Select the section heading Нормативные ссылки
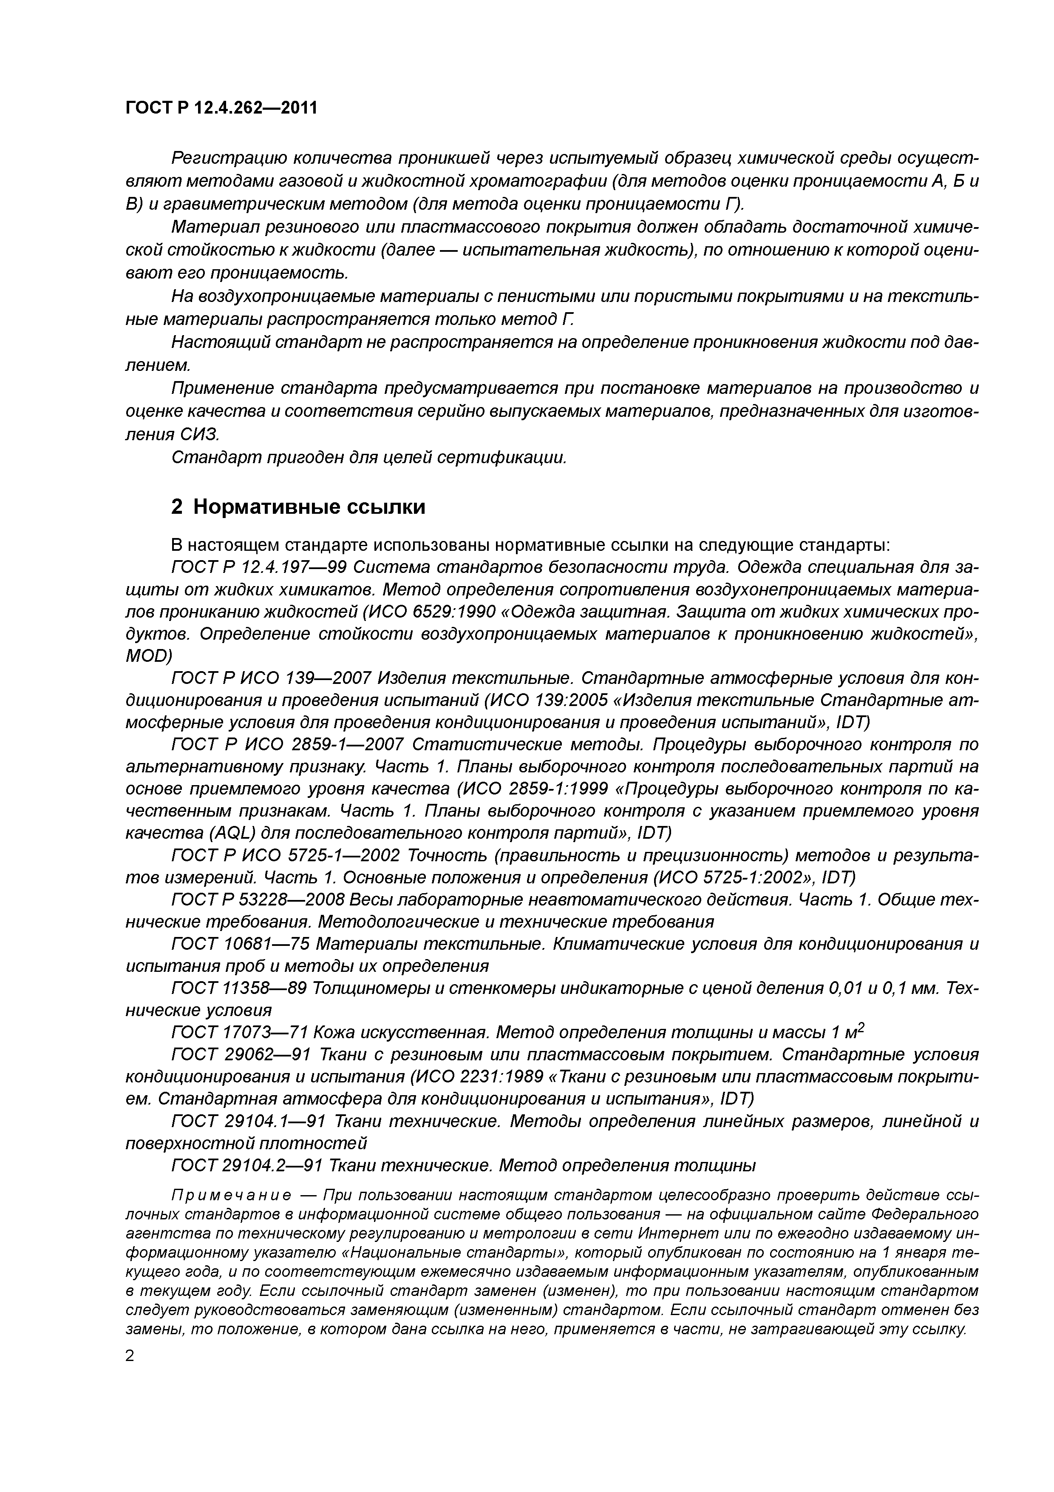coord(309,507)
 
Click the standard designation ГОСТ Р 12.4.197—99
coord(258,568)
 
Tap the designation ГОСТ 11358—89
coord(238,989)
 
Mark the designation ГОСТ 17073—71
coord(238,1033)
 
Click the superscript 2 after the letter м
coord(862,1028)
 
